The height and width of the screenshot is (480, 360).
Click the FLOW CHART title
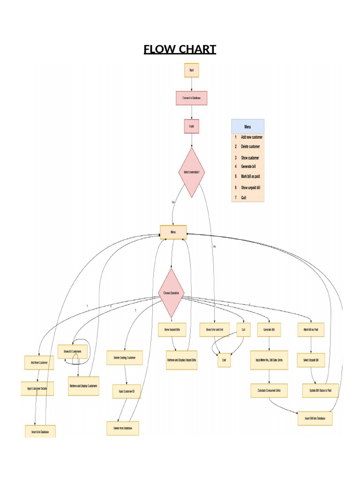(180, 49)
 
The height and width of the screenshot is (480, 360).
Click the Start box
(191, 70)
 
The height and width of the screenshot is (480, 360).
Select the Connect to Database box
(191, 98)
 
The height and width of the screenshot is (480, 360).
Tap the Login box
(191, 126)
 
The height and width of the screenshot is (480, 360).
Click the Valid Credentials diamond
(191, 172)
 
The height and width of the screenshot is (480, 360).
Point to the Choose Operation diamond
(171, 293)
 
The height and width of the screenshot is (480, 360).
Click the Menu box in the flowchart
(173, 232)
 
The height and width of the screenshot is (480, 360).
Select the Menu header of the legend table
(247, 126)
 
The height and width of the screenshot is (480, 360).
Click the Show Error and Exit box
(215, 330)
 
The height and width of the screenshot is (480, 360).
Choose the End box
(224, 360)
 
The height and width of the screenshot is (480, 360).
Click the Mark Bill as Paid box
(311, 330)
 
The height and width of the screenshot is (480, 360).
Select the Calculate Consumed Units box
(269, 390)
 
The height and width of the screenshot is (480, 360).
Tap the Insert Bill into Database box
(315, 418)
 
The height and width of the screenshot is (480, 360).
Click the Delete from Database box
(123, 428)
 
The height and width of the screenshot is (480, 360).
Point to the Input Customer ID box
(126, 391)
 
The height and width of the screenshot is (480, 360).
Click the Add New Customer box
(39, 362)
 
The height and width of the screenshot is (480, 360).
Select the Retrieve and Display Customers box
(83, 386)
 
